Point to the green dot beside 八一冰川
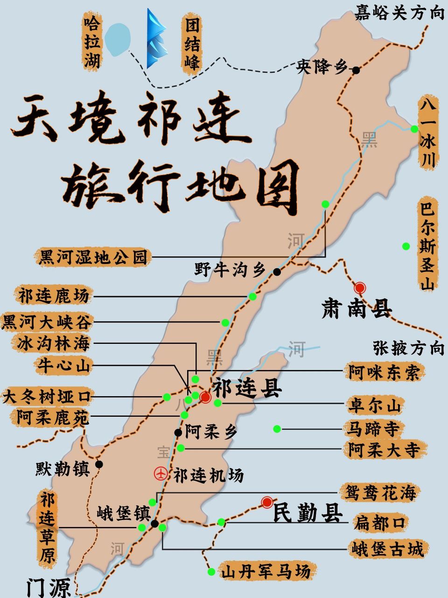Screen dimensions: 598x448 pyautogui.click(x=414, y=129)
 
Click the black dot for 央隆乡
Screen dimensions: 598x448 pyautogui.click(x=356, y=70)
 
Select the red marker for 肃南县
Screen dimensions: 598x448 pyautogui.click(x=360, y=288)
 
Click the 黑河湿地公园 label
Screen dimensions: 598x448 pyautogui.click(x=93, y=257)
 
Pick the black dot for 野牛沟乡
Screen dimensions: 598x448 pyautogui.click(x=277, y=271)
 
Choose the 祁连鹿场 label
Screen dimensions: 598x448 pyautogui.click(x=53, y=296)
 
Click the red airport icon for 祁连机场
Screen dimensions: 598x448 pyautogui.click(x=161, y=473)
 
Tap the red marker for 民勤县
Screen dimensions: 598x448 pyautogui.click(x=267, y=502)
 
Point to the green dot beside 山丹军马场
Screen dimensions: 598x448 pyautogui.click(x=211, y=571)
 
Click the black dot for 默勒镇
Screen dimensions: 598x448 pyautogui.click(x=99, y=464)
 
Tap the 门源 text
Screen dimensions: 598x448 pyautogui.click(x=48, y=587)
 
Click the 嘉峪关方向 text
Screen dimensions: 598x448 pyautogui.click(x=399, y=13)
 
